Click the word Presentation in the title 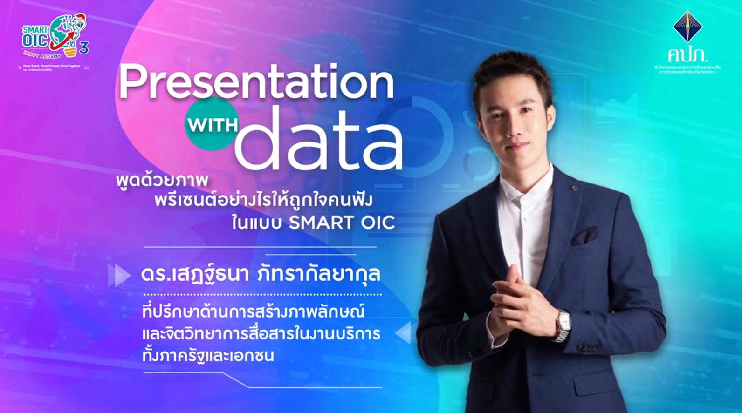point(256,83)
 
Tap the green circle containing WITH point(212,124)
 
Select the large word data point(319,140)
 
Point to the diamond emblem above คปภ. point(687,27)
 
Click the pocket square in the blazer point(585,235)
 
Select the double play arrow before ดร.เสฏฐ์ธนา point(119,275)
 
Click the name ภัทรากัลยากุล point(319,274)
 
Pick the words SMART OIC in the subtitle point(342,223)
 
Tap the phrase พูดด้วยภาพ point(162,180)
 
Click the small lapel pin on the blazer point(575,188)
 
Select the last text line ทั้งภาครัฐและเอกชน point(208,356)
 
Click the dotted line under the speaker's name point(262,295)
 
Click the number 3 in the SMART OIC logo point(84,47)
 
